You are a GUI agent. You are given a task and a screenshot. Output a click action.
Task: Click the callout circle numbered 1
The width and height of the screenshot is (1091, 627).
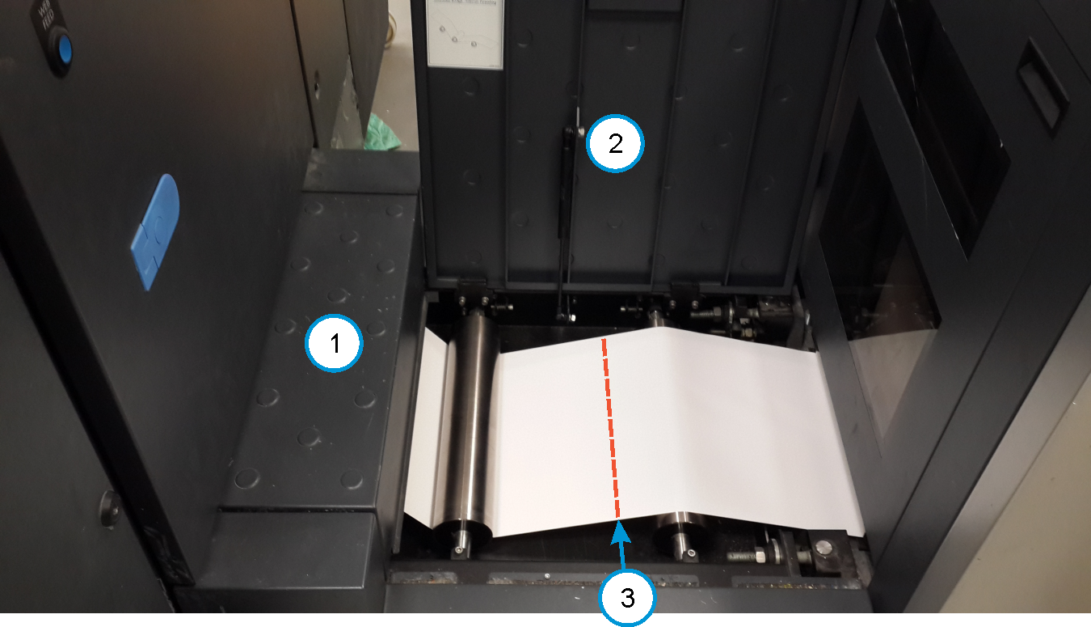(334, 343)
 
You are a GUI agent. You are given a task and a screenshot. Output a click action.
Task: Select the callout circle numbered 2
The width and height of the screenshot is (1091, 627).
(615, 144)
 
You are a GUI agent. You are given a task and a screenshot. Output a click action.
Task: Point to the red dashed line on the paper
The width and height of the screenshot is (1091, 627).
(610, 429)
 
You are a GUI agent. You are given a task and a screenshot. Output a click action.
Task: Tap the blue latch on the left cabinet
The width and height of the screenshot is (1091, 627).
(155, 232)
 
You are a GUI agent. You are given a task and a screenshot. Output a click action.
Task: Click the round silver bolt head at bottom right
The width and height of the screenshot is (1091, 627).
(824, 549)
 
